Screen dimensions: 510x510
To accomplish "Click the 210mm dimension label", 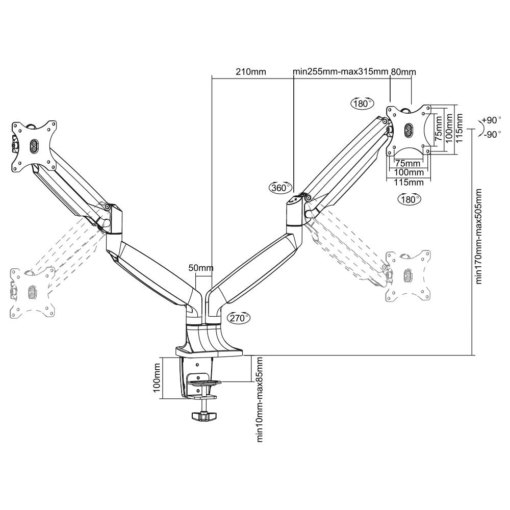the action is pyautogui.click(x=251, y=71).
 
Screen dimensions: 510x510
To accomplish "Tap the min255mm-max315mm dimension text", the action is pyautogui.click(x=341, y=71).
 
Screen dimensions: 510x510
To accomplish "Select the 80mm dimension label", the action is pyautogui.click(x=403, y=71).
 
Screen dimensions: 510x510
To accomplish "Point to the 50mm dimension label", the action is pyautogui.click(x=201, y=268).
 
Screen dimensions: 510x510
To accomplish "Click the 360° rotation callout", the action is pyautogui.click(x=280, y=188).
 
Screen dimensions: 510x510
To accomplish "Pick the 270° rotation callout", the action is pyautogui.click(x=239, y=317).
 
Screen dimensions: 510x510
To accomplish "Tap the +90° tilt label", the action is pyautogui.click(x=491, y=120).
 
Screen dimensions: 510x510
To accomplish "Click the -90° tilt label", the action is pyautogui.click(x=492, y=134).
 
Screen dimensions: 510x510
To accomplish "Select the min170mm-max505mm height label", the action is pyautogui.click(x=478, y=237).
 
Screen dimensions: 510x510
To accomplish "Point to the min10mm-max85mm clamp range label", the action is pyautogui.click(x=259, y=399).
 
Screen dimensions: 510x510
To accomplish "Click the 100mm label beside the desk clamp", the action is pyautogui.click(x=157, y=377).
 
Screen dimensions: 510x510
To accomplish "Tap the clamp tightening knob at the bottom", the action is pyautogui.click(x=204, y=416).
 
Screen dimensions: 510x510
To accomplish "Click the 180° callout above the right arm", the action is pyautogui.click(x=362, y=104).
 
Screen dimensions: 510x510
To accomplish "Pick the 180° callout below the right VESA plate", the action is pyautogui.click(x=409, y=199).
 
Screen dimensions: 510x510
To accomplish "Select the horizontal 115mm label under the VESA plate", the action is pyautogui.click(x=409, y=183).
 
